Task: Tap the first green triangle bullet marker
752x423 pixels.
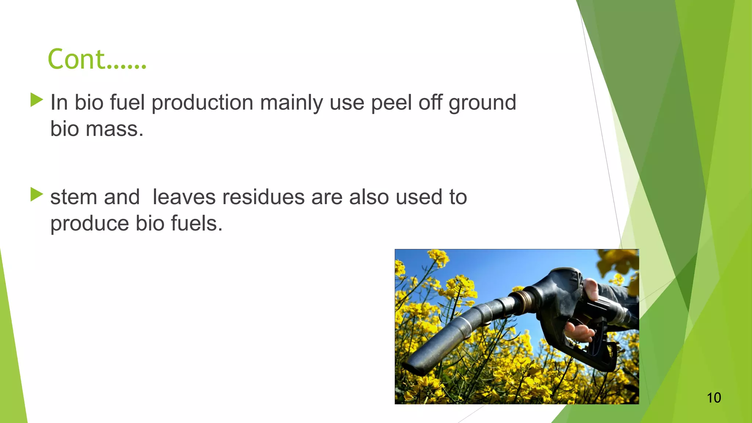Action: (37, 100)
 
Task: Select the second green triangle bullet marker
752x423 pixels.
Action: (37, 194)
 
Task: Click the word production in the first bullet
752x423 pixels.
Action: (202, 103)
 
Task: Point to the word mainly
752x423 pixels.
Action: (291, 103)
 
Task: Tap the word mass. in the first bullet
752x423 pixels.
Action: (114, 129)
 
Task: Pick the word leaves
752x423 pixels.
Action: (184, 197)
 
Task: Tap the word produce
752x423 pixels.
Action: (90, 224)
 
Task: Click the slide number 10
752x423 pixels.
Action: (714, 398)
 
